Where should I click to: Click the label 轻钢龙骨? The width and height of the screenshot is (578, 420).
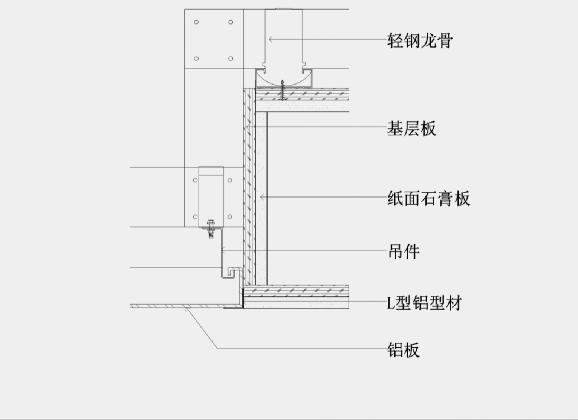[x=420, y=41]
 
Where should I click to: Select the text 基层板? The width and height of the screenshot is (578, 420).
[x=412, y=129]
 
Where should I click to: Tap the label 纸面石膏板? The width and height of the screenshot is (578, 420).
[x=429, y=198]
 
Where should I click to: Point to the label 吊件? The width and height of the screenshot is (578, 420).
[x=404, y=252]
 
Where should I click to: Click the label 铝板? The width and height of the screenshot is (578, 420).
[x=404, y=350]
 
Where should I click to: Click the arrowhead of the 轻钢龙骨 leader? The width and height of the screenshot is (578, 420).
[x=270, y=39]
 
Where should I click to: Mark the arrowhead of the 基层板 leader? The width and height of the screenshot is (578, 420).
[x=247, y=127]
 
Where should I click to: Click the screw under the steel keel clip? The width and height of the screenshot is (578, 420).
[x=283, y=90]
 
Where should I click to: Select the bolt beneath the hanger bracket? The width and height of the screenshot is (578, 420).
[x=210, y=229]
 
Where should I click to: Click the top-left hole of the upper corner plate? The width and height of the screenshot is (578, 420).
[x=196, y=22]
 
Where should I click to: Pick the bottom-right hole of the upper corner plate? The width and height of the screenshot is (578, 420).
[x=231, y=58]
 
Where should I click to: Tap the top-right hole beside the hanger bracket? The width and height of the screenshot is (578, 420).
[x=229, y=180]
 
